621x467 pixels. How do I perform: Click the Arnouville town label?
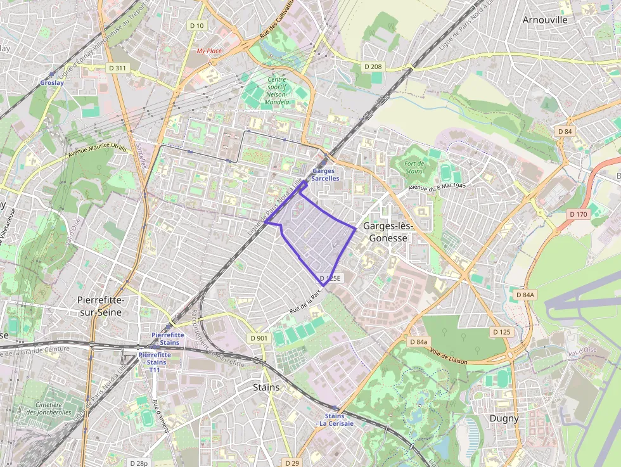[x=544, y=20]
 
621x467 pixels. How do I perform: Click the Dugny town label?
[x=504, y=418]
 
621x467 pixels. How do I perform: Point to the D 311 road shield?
[x=117, y=68]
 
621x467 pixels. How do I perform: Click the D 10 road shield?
[x=197, y=25]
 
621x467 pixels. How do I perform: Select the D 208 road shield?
[x=373, y=67]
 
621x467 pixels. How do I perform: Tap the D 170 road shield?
[x=579, y=214]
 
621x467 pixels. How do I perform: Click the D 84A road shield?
[x=525, y=295]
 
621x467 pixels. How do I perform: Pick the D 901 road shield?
[x=259, y=338]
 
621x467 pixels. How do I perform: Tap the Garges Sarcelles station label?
[x=325, y=175]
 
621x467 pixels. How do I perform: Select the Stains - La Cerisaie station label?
[x=335, y=419]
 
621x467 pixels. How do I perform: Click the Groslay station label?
[x=51, y=82]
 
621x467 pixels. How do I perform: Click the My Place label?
[x=209, y=51]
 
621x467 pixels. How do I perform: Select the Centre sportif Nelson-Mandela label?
[x=278, y=91]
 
